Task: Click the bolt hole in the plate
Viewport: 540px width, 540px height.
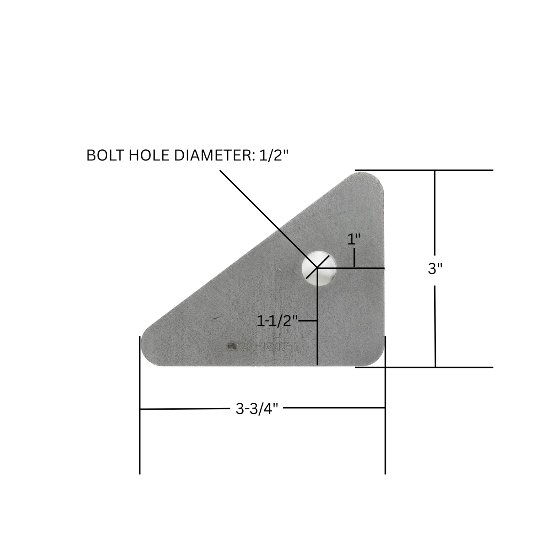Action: (x=319, y=267)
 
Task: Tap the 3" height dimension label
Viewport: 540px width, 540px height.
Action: (x=435, y=268)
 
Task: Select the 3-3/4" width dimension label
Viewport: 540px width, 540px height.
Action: (x=256, y=408)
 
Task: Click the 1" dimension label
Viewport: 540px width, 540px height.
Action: (x=354, y=240)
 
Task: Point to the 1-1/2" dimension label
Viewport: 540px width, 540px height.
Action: (x=277, y=321)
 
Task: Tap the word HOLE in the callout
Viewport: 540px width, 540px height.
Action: (x=149, y=155)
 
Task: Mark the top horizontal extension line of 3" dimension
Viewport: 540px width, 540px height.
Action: (x=424, y=170)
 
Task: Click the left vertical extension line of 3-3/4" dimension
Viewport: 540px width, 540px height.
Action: (x=140, y=405)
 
